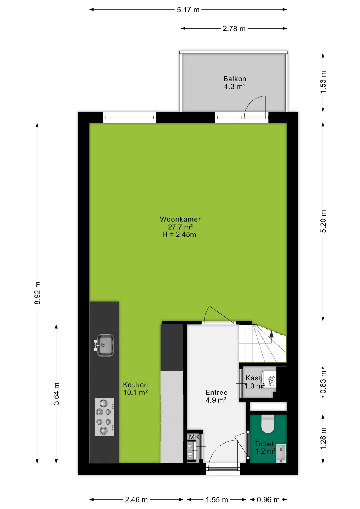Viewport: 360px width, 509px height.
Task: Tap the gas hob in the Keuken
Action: [x=104, y=417]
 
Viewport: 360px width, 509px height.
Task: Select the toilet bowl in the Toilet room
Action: [x=268, y=423]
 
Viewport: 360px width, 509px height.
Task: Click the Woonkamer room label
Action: [x=180, y=219]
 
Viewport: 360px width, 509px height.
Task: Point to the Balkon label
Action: [x=235, y=79]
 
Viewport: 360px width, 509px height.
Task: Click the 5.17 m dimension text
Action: [x=188, y=10]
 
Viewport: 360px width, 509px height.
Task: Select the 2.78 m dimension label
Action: [x=234, y=29]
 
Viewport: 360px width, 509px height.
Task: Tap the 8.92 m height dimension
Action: [x=38, y=293]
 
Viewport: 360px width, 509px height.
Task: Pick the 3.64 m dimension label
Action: [x=56, y=394]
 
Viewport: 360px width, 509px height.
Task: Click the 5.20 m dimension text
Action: [x=323, y=221]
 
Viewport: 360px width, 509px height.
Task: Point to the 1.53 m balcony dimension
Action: [x=323, y=82]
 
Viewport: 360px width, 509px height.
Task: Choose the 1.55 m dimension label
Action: [x=217, y=500]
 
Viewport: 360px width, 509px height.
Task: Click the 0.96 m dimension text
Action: [x=268, y=500]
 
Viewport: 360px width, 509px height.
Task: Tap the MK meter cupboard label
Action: [x=194, y=437]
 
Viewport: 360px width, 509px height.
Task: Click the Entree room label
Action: [x=216, y=392]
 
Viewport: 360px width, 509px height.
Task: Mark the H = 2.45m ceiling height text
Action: [x=179, y=235]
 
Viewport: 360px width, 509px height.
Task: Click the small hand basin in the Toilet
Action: [x=281, y=453]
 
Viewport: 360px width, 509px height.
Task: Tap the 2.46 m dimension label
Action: [x=136, y=500]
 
